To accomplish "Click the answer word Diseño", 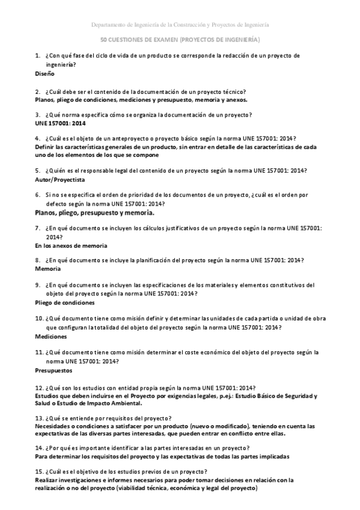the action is click(45, 73).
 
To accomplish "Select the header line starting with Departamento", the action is click(180, 25).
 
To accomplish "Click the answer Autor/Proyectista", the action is click(60, 179).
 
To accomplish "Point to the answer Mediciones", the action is click(51, 336).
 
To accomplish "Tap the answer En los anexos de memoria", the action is click(71, 246).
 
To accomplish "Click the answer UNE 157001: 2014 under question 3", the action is click(61, 123).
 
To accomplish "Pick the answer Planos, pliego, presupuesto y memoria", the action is click(95, 212).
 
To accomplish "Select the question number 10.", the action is click(39, 318).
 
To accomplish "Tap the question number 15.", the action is click(39, 471).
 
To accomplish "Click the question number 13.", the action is click(39, 418).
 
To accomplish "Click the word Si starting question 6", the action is click(49, 195).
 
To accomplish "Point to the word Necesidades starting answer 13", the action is click(55, 426).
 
